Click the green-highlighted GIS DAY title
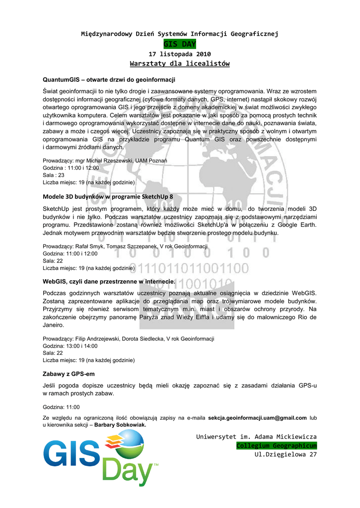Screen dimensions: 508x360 coord(180,45)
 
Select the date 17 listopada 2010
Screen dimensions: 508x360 coord(180,54)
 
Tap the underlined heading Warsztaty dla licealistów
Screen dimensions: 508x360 coord(180,63)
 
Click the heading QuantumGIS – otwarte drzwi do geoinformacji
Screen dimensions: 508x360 coord(109,79)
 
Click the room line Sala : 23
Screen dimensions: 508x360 coord(54,175)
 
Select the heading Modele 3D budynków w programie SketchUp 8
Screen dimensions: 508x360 coord(108,196)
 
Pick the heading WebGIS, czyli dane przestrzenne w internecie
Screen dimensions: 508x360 coord(109,281)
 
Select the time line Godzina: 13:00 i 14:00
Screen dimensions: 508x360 coord(70,346)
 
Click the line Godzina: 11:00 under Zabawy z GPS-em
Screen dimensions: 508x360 coord(61,407)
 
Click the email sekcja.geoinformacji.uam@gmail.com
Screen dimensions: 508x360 coord(257,418)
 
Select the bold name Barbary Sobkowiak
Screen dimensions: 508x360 coord(120,425)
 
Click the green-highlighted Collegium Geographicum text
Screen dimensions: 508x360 coord(276,445)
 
